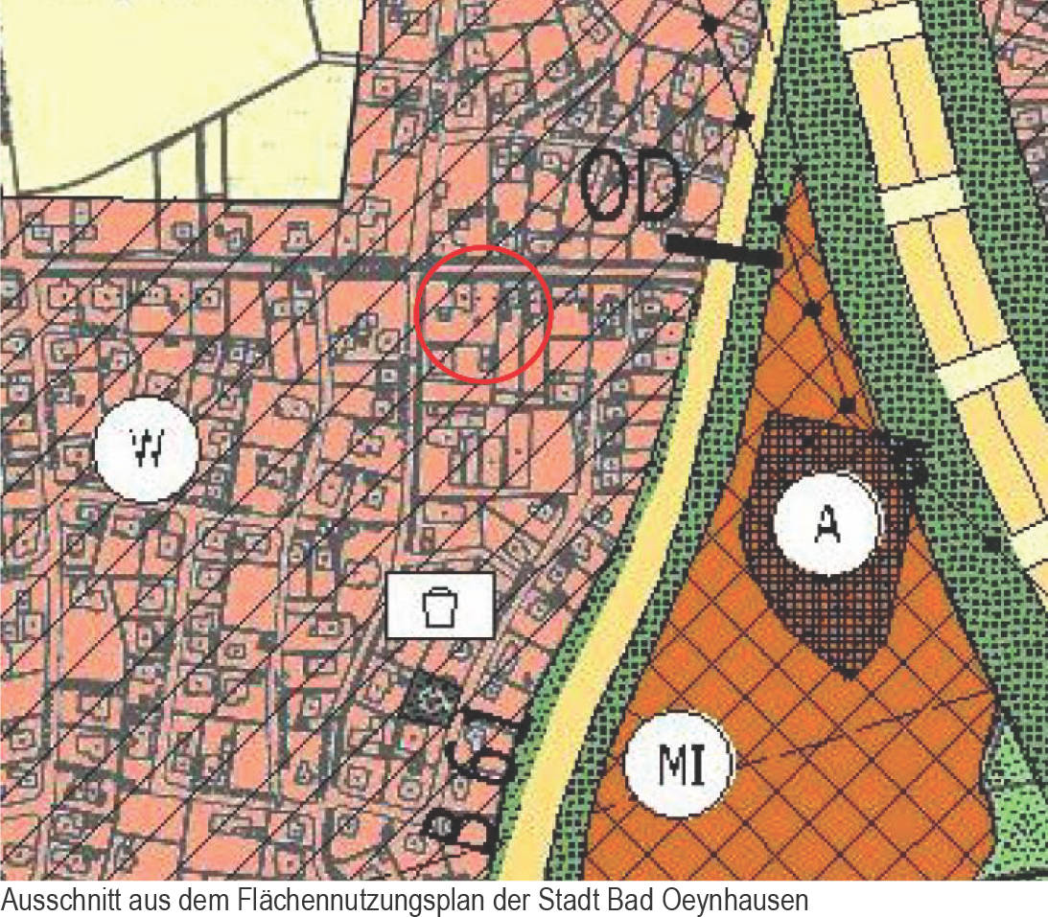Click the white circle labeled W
pos(147,447)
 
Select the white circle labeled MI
pos(678,764)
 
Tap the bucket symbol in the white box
pos(440,606)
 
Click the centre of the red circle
pos(483,314)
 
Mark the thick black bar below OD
pos(724,251)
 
